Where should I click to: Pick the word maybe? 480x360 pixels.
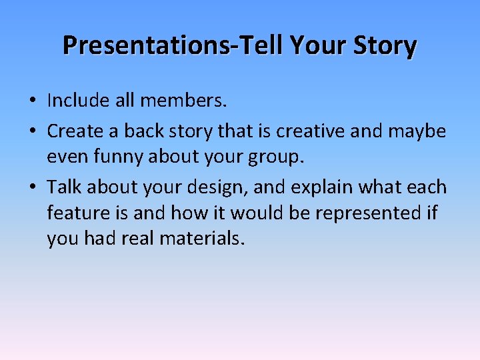point(417,131)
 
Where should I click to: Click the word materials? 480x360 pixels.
point(202,239)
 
